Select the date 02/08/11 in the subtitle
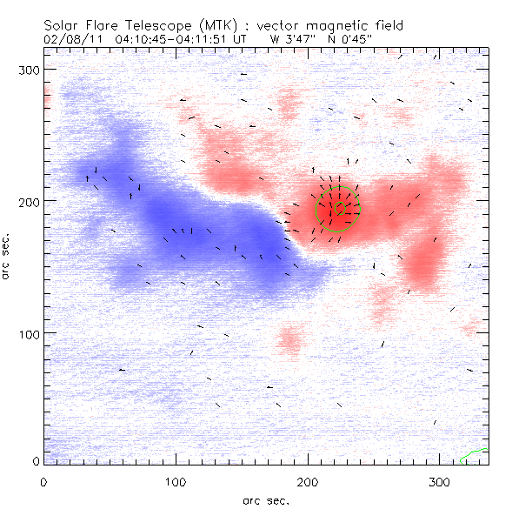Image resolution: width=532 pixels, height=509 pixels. click(x=71, y=38)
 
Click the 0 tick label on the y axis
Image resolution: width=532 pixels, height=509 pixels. click(x=37, y=460)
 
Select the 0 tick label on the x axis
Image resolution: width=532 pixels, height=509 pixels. click(x=43, y=481)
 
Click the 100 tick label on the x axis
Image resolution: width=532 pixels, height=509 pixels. click(x=175, y=481)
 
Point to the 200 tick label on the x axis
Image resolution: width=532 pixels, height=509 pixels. click(x=307, y=481)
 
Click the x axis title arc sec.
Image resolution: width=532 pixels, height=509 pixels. click(x=265, y=499)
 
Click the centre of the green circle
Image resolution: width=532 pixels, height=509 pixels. click(x=339, y=209)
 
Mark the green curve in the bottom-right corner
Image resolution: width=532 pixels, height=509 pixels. click(x=475, y=453)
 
